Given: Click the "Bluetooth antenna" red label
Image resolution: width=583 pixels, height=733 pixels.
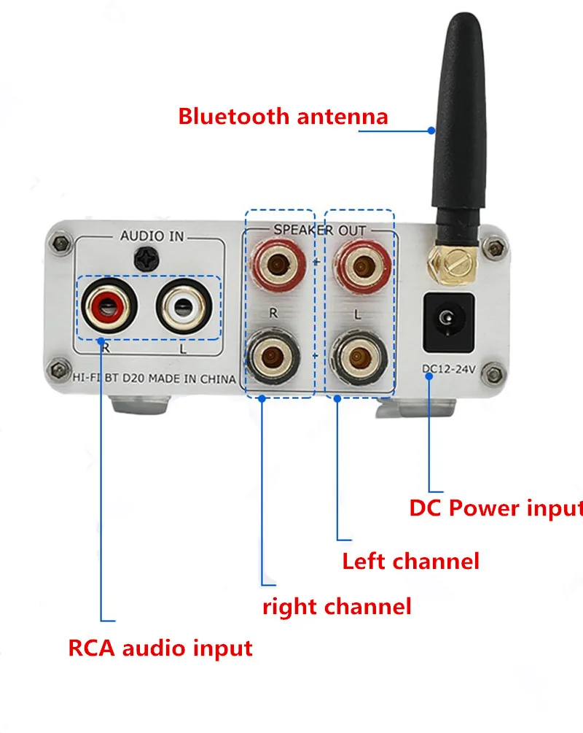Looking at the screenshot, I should tap(283, 116).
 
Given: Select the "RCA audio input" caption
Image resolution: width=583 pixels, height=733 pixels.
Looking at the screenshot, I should tap(160, 648).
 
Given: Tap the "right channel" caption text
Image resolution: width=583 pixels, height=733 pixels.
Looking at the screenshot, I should tap(337, 606).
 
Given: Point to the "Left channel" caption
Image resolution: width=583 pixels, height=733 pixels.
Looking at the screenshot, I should tap(410, 562).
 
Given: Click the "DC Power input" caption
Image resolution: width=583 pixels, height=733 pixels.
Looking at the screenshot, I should tap(496, 508).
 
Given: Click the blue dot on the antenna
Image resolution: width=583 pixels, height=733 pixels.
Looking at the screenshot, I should tap(431, 132).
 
